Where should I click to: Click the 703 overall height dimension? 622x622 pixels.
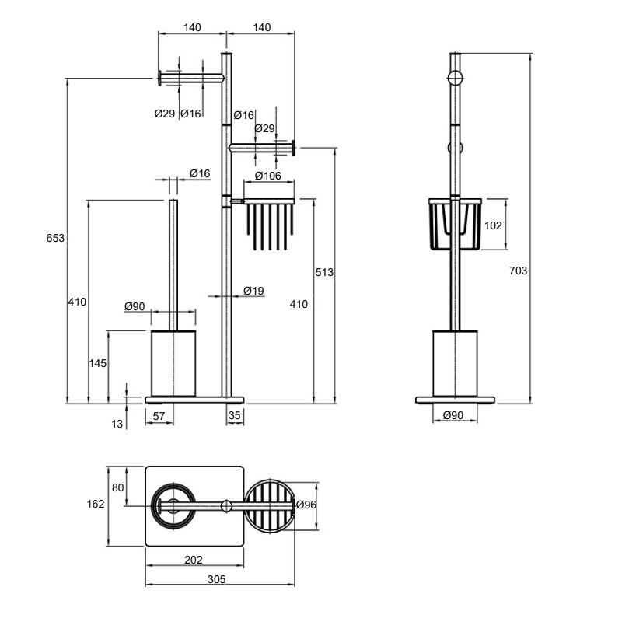tap(518, 271)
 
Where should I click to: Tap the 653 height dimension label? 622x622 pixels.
tap(55, 239)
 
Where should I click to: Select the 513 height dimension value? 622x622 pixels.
tap(324, 273)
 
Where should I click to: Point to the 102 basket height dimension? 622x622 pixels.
tap(493, 225)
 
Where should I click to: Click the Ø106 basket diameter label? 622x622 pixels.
tap(267, 176)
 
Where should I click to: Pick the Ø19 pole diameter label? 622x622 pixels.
tap(253, 291)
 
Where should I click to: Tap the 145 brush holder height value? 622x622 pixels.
tap(98, 363)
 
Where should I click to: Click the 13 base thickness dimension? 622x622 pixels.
tap(117, 424)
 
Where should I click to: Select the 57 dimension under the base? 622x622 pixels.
tap(159, 416)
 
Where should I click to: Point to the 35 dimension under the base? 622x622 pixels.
tap(235, 415)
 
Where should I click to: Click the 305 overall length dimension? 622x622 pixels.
tap(217, 579)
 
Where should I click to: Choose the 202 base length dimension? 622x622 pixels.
tap(194, 560)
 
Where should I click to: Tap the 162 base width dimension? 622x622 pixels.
tap(96, 504)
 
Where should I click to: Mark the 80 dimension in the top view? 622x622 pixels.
tap(118, 487)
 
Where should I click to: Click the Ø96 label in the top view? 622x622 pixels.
tap(306, 505)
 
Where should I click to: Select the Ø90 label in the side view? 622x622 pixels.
tap(453, 415)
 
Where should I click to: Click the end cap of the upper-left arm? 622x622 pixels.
tap(159, 79)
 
